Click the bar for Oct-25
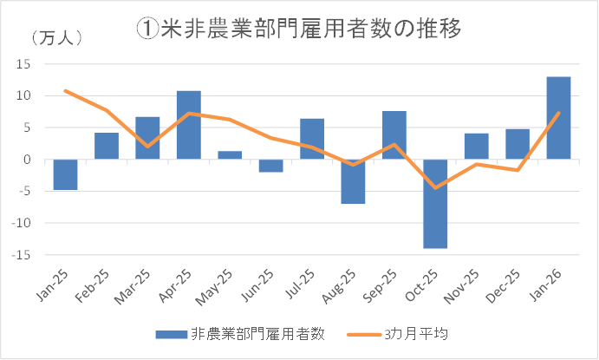pos(435,204)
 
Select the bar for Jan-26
pos(559,118)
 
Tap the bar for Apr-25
pos(189,125)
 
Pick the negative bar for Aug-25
pos(353,181)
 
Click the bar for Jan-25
pos(65,174)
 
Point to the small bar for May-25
pos(230,155)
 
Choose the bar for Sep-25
pos(394,135)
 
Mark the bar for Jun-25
pos(271,166)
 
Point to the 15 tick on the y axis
pos(24,64)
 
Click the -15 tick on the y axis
pos(22,254)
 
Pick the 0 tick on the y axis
pos(28,160)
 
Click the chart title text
pos(298,28)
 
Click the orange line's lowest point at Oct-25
pos(435,187)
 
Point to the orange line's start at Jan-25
pos(65,90)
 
